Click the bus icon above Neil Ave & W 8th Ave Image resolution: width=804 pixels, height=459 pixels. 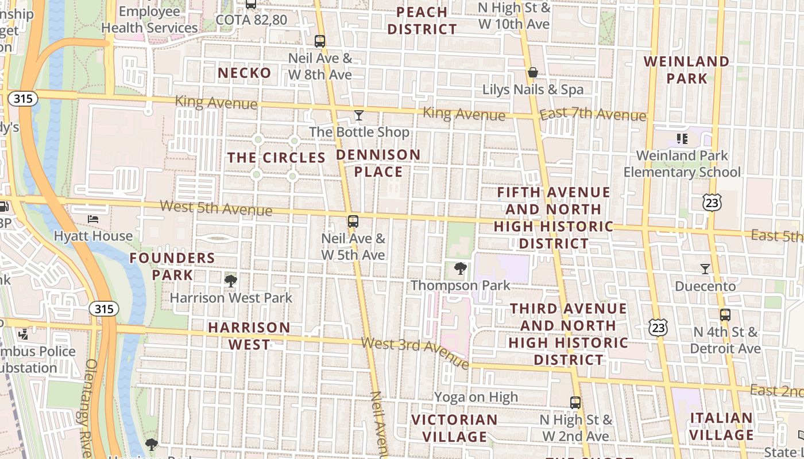coord(320,41)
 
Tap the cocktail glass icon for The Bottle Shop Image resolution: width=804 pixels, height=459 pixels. coord(359,115)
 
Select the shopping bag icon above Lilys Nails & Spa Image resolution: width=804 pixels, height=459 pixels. coord(533,72)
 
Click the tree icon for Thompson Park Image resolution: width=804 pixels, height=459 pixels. coord(460,268)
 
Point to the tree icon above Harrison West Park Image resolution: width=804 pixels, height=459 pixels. coord(231,281)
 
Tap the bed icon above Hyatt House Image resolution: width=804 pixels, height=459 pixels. coord(93,219)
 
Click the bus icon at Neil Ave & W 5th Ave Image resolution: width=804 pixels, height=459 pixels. coord(353,221)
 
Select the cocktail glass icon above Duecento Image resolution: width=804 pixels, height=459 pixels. coord(705,269)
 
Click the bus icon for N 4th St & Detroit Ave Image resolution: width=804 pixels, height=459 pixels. coord(725,314)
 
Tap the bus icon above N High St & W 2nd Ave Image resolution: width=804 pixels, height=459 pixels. coord(575,402)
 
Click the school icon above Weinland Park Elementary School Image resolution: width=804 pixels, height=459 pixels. coord(682,138)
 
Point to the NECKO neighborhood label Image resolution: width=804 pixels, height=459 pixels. coord(245,73)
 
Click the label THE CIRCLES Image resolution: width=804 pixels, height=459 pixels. coord(276,158)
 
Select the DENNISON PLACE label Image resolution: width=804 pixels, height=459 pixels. coord(378,163)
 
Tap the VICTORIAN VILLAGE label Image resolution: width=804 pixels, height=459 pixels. coord(454,428)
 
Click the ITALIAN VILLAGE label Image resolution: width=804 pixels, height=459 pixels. coord(721,426)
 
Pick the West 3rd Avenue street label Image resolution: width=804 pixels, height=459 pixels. coord(415,352)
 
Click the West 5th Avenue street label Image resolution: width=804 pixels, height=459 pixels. coord(216,208)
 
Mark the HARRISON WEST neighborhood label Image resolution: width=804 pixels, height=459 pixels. coord(249,336)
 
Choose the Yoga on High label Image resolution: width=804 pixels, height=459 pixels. coord(476,397)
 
